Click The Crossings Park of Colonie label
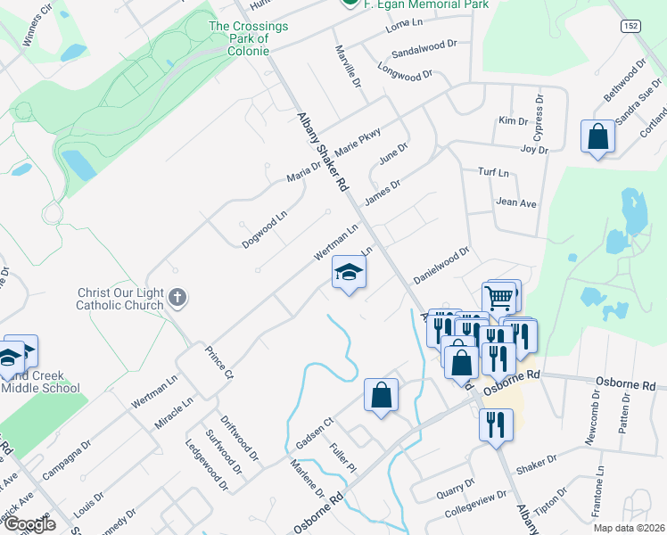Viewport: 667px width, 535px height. point(249,38)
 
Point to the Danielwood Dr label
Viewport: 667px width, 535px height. point(441,263)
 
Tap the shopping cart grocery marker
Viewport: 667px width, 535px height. point(499,298)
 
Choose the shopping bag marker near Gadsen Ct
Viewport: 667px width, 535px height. point(381,396)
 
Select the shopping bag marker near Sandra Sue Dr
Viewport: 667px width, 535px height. point(597,138)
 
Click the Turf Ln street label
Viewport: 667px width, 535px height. point(493,172)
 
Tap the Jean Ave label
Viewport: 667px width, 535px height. point(516,203)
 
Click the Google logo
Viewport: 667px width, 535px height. point(29,524)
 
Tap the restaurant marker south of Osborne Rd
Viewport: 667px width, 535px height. point(495,425)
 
